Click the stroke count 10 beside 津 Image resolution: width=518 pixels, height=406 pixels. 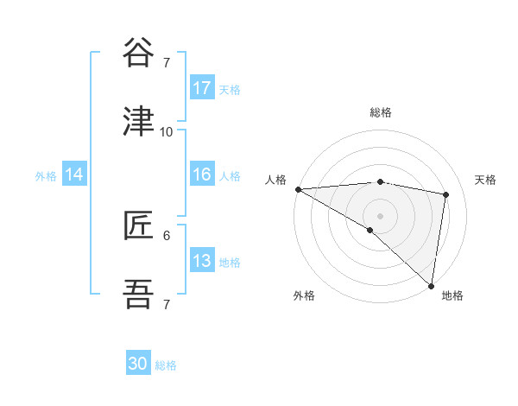click(166, 132)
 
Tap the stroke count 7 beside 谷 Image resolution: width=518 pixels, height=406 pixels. click(166, 63)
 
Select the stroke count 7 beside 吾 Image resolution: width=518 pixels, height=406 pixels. click(166, 305)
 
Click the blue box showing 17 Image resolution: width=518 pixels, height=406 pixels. click(202, 88)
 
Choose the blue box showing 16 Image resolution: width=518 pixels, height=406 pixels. click(202, 174)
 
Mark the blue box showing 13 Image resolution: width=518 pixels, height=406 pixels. click(202, 261)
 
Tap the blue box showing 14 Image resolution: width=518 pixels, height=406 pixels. click(74, 174)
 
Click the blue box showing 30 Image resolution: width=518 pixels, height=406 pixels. click(138, 364)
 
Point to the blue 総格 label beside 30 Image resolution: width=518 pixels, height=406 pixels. click(167, 365)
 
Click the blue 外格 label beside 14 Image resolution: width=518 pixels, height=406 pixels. click(46, 175)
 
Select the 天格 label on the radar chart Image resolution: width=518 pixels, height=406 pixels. click(485, 180)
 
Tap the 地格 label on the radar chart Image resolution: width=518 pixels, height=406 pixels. click(452, 296)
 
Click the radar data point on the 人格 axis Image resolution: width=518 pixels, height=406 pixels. click(298, 189)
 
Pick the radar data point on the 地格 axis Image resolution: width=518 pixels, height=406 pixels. click(431, 285)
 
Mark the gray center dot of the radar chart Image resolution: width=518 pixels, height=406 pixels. click(380, 215)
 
